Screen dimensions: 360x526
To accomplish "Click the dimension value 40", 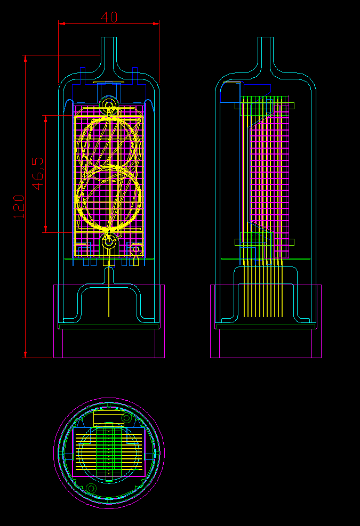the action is click(x=109, y=17).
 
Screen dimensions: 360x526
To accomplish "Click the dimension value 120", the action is click(x=19, y=207).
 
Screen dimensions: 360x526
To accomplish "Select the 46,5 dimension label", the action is click(x=38, y=173).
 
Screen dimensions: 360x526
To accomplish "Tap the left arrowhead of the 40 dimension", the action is click(x=62, y=23).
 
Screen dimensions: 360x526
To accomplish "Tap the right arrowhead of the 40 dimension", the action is click(x=156, y=23).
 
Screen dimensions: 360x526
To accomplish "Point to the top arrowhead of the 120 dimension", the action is click(x=25, y=59).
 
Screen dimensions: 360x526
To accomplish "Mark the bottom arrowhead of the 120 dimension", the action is click(x=25, y=354).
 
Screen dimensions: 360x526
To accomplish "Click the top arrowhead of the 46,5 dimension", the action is click(x=46, y=119).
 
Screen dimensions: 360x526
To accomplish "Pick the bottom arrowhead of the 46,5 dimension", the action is click(x=46, y=229).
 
